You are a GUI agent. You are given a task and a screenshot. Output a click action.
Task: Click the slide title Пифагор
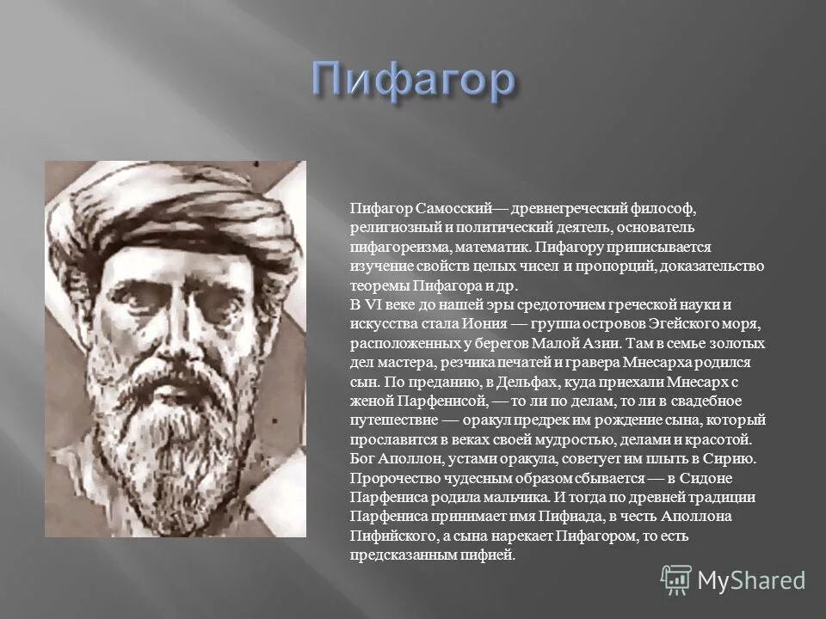413,82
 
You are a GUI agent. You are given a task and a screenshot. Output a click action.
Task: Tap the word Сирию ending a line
730,458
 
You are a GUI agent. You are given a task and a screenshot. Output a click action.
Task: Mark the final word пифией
490,555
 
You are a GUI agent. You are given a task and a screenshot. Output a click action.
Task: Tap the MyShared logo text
751,579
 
